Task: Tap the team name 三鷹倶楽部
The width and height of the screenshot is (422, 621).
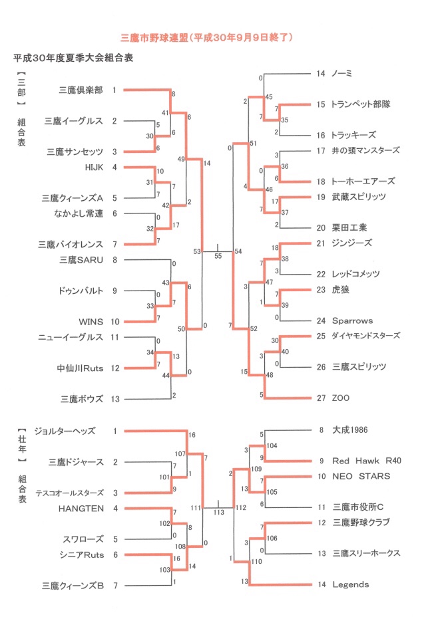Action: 81,90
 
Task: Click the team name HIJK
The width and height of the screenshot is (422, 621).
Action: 94,167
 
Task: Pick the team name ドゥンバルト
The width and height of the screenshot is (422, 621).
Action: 82,291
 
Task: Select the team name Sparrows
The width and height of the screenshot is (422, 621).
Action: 352,320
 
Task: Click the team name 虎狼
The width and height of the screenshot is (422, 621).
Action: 340,289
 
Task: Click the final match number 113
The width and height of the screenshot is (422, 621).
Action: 219,513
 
